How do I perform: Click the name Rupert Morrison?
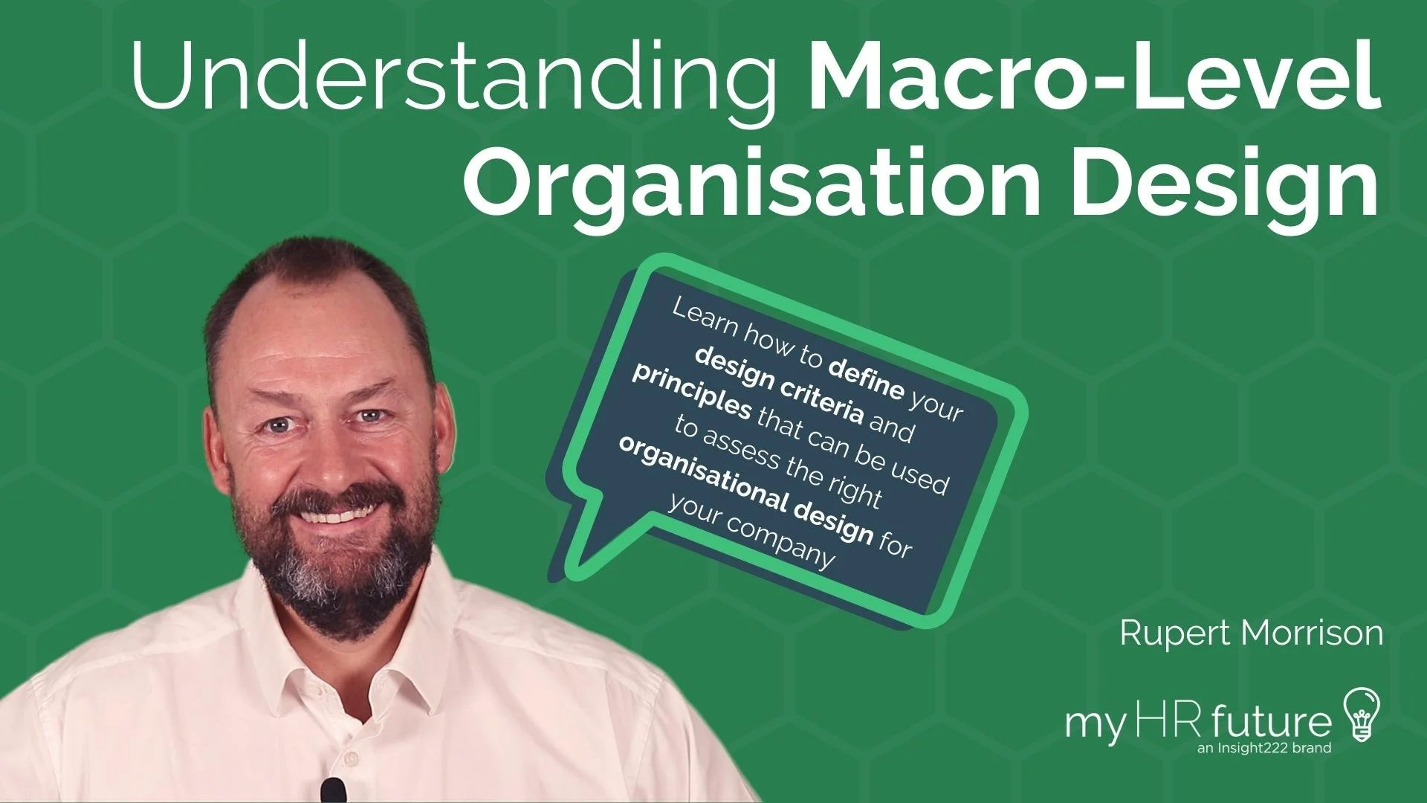(x=1250, y=633)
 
